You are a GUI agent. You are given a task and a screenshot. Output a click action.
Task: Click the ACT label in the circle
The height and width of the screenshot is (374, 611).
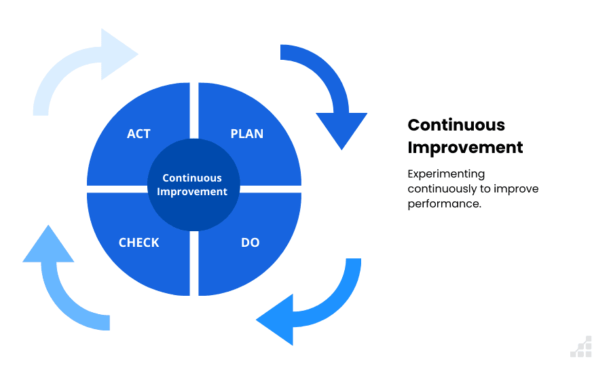click(x=138, y=133)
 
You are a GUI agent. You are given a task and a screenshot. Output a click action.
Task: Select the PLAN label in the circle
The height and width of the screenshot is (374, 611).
click(x=247, y=133)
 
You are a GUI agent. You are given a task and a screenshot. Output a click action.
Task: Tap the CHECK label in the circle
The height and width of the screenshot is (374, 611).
click(x=138, y=242)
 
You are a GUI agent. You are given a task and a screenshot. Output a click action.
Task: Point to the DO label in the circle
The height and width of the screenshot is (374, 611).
click(x=250, y=242)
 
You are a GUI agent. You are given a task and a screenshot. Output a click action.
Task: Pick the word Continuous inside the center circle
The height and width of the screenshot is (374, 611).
click(x=192, y=178)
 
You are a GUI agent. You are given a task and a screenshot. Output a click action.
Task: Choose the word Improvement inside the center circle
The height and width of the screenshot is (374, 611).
click(x=192, y=192)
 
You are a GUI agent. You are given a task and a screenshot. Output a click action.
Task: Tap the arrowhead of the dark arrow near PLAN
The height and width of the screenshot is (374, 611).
click(x=341, y=129)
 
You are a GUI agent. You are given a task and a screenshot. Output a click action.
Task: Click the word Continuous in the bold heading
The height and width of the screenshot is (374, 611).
click(x=456, y=125)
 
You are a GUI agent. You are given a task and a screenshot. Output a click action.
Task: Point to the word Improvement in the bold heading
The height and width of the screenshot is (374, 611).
click(x=465, y=148)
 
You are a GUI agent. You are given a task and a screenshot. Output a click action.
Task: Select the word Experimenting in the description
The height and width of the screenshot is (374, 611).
click(x=446, y=174)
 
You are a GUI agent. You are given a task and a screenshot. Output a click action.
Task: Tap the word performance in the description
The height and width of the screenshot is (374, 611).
click(x=444, y=204)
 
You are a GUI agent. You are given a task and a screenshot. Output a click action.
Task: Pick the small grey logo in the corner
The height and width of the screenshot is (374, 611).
click(x=581, y=347)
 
